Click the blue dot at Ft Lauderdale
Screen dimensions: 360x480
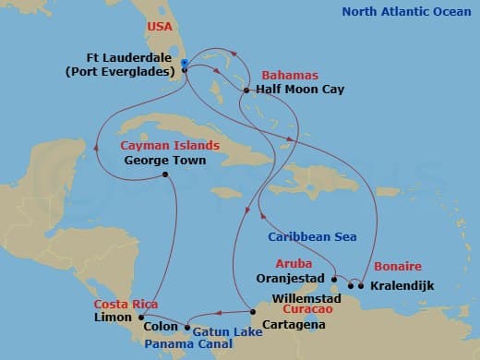coord(186,64)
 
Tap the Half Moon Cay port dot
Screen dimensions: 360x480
coord(245,90)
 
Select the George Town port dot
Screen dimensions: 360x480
coord(164,174)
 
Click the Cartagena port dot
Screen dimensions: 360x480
coord(252,310)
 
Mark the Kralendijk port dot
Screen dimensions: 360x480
coord(361,285)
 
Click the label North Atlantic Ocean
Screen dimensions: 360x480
coord(406,12)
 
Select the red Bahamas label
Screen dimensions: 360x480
coord(289,74)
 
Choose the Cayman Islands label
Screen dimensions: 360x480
coord(170,145)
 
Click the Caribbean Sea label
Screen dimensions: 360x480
coord(313,236)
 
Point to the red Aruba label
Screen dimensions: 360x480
coord(294,262)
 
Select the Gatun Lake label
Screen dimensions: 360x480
coord(221,330)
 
